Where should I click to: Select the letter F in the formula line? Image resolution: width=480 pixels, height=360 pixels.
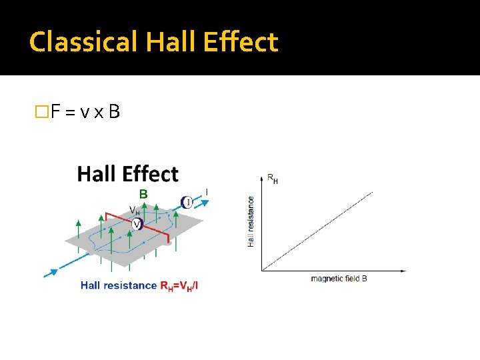click(57, 111)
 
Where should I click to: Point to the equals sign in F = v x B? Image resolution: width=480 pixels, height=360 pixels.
click(72, 112)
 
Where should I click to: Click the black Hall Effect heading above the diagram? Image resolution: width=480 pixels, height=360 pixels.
click(128, 175)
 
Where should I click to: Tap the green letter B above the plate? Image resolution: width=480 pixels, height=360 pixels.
click(143, 195)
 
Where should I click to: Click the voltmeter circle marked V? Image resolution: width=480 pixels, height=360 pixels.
click(137, 225)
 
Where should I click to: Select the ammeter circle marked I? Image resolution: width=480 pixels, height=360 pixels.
click(187, 202)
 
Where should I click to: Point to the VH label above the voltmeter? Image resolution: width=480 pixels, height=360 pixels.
click(135, 211)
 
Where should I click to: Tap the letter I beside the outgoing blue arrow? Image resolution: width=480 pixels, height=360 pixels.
click(206, 193)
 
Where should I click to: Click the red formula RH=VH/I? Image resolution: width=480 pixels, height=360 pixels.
click(179, 285)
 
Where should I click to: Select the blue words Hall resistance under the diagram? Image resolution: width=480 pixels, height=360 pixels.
click(119, 285)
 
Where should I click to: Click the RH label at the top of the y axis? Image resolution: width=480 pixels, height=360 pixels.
click(272, 179)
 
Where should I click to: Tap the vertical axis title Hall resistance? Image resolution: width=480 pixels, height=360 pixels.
click(251, 221)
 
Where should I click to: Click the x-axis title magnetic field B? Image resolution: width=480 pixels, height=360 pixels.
click(339, 279)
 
